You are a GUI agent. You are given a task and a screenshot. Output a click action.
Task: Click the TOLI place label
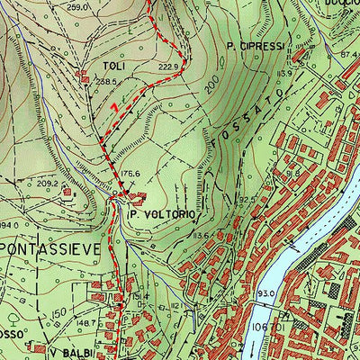[112, 66]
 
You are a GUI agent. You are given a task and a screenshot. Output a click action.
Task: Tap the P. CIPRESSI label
[256, 45]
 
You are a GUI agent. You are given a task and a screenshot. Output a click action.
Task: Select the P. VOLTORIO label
[162, 214]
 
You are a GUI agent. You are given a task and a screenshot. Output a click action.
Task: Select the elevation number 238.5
[108, 81]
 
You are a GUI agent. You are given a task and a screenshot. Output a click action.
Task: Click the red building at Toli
[85, 78]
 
